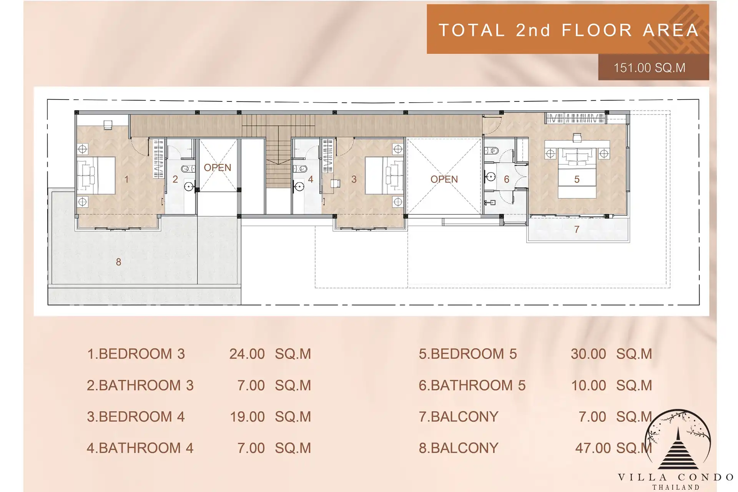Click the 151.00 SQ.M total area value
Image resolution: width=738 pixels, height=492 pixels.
(649, 68)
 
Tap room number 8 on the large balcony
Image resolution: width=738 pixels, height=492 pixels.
(118, 262)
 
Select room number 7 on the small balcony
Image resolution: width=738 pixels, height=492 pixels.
(577, 229)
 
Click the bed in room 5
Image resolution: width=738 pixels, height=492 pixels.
(577, 173)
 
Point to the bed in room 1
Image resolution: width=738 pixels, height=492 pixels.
(96, 175)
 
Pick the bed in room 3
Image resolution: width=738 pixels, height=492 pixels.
(384, 175)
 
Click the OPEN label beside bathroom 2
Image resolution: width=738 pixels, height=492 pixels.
(218, 168)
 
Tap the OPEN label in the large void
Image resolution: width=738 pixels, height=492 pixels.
(444, 179)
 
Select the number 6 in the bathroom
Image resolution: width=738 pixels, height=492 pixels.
(507, 179)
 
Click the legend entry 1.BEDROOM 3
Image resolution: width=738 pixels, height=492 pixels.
(136, 354)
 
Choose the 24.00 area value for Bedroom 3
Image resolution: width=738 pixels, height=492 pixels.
(247, 354)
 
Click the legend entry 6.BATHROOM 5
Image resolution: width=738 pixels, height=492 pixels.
(472, 385)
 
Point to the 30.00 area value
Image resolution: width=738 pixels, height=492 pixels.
(588, 354)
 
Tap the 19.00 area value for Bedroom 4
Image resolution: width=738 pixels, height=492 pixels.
(247, 417)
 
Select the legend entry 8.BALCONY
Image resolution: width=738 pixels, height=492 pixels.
(458, 448)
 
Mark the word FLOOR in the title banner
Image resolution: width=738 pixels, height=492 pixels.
(597, 30)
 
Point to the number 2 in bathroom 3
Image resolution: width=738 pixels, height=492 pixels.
(175, 179)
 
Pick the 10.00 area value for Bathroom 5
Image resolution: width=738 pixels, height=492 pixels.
(588, 385)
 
